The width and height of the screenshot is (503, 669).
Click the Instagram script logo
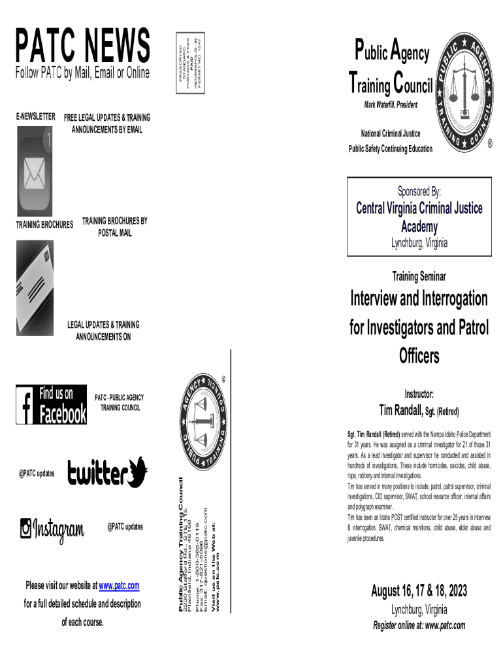point(52,529)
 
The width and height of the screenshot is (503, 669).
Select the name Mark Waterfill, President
point(391,105)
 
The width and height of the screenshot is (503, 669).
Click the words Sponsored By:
point(419,191)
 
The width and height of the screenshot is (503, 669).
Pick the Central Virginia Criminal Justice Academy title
point(419,217)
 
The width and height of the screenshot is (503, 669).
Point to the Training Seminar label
point(419,277)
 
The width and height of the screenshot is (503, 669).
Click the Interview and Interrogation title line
point(419,299)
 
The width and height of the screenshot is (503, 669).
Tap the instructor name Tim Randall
point(401,410)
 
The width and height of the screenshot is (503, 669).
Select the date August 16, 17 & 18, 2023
point(419,591)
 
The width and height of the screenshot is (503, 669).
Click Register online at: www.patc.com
point(419,625)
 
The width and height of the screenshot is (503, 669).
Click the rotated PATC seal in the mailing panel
point(204,422)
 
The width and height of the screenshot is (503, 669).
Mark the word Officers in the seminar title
point(419,357)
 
